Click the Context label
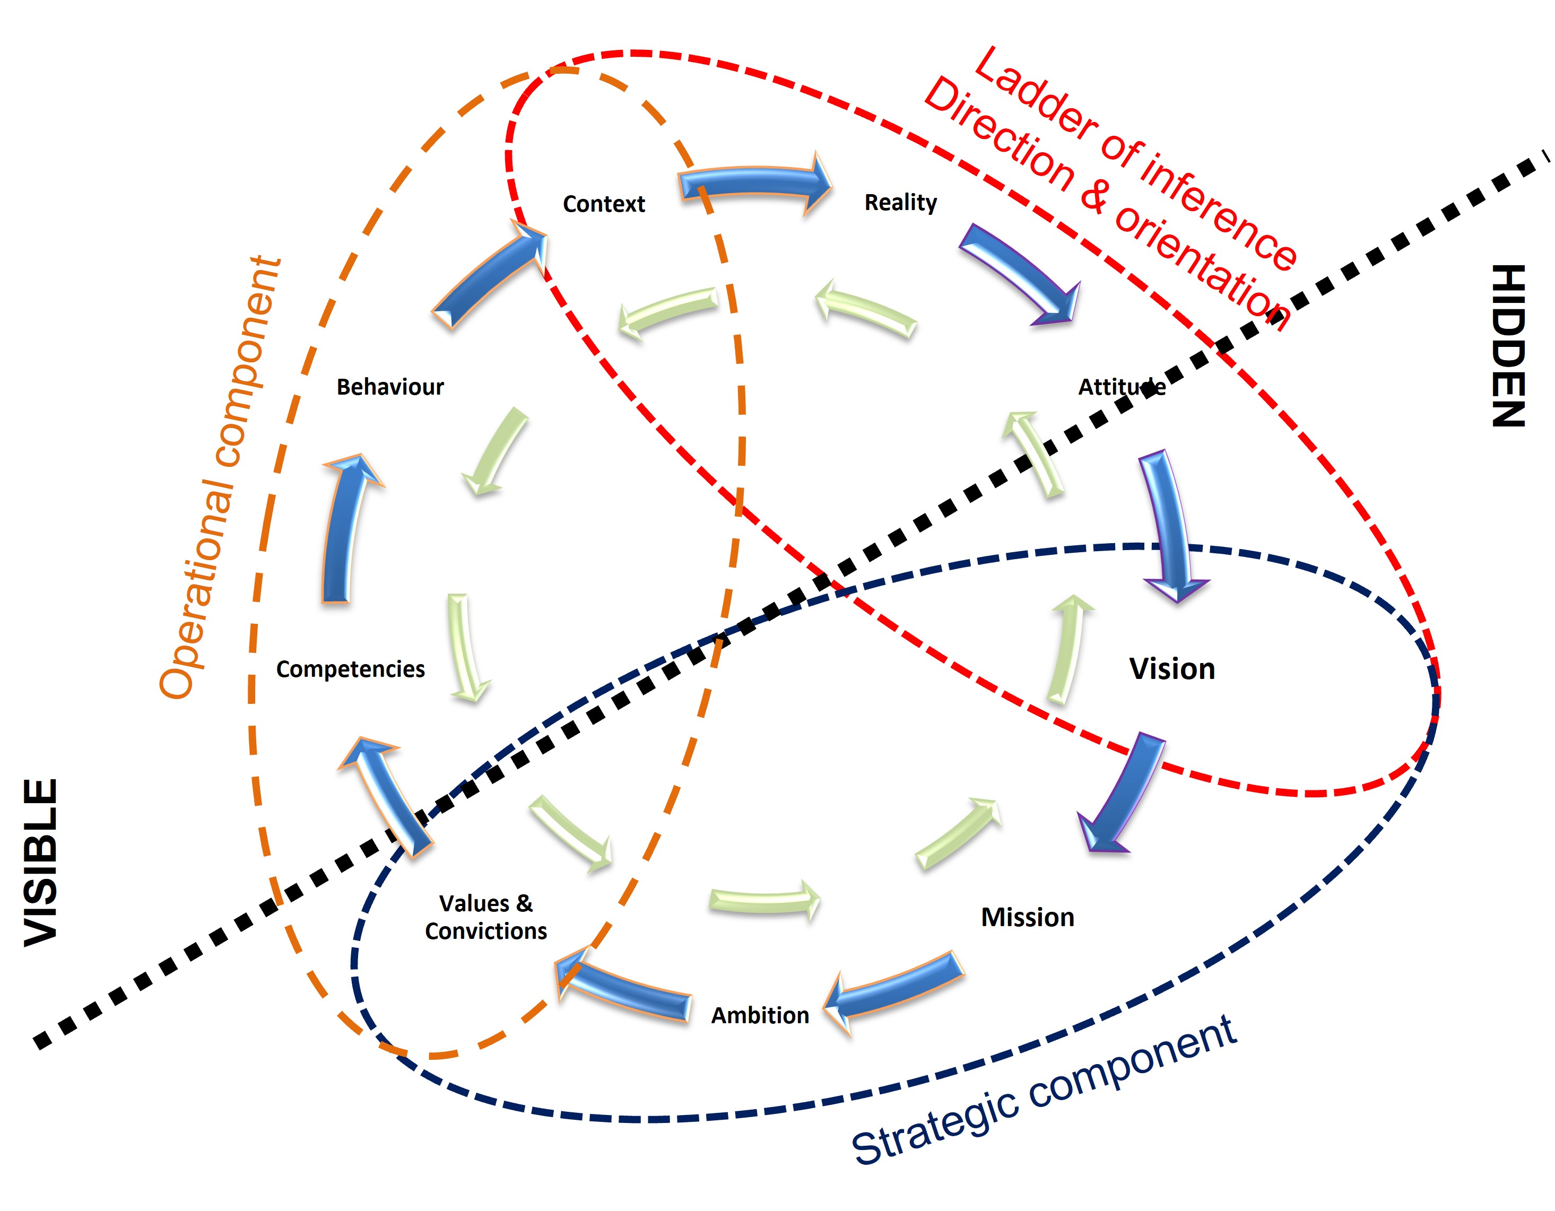[603, 204]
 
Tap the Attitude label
[1122, 387]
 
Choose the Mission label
[1028, 917]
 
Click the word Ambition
[760, 1015]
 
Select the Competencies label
[350, 669]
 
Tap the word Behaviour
[389, 387]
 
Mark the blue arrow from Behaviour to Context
[488, 277]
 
